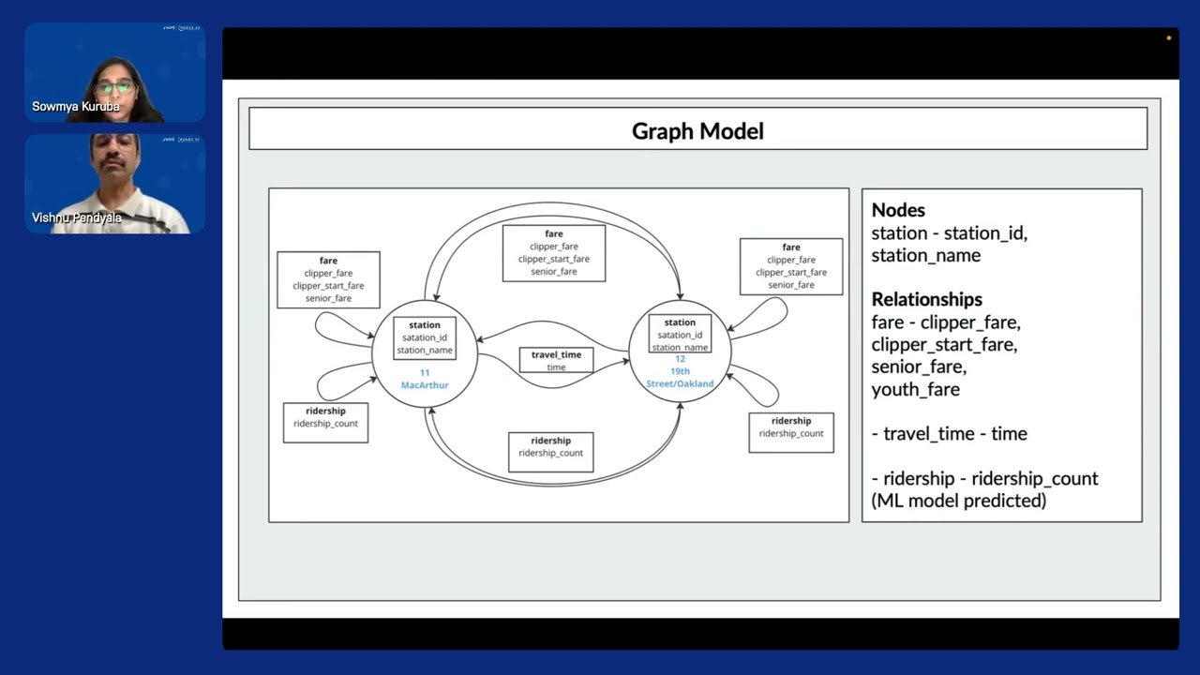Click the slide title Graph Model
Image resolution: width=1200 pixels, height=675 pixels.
point(697,130)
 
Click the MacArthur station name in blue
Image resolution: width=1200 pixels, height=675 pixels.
point(425,385)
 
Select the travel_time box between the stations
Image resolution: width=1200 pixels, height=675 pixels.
point(556,360)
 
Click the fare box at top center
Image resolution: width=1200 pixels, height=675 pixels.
point(554,252)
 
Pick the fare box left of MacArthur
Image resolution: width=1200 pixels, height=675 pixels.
point(328,279)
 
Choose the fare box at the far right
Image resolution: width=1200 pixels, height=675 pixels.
point(791,266)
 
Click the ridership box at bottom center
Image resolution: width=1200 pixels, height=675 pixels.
point(550,452)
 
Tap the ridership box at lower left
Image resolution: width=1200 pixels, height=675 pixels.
point(325,423)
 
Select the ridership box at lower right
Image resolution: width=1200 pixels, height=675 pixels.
point(791,432)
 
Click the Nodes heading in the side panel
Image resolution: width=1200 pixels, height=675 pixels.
point(898,210)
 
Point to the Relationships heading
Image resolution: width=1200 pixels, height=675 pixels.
point(926,299)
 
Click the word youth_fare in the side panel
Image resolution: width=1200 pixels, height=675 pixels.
point(915,389)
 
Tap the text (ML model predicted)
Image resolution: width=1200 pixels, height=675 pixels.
point(958,501)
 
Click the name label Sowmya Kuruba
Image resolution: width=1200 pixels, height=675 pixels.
point(76,107)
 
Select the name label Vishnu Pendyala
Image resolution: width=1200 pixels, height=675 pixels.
point(77,217)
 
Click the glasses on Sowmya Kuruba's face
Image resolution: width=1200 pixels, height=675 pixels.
point(115,87)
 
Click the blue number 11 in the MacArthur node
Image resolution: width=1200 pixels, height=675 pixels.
point(425,373)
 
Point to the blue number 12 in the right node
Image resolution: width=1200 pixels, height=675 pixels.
point(680,359)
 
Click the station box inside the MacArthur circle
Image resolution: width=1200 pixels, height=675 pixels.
point(425,337)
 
